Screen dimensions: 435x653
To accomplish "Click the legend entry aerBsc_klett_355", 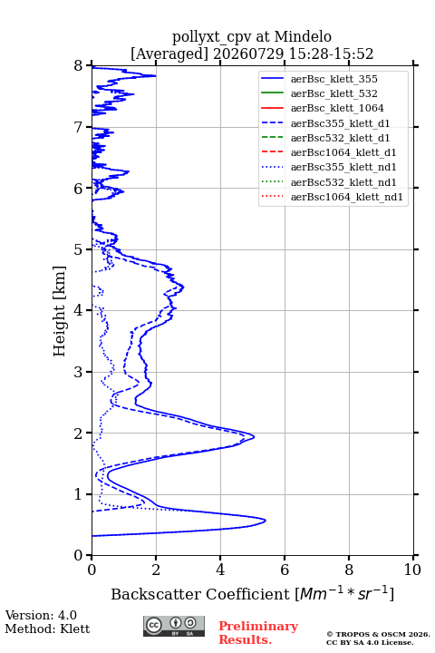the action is [333, 79].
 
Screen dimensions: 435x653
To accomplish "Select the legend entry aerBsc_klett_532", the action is [333, 93].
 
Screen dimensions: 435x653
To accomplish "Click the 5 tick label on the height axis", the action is [79, 249].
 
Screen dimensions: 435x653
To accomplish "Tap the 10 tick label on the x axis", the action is [412, 570].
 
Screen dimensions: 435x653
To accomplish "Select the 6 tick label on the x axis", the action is [285, 570].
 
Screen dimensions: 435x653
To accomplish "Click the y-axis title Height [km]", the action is [60, 311].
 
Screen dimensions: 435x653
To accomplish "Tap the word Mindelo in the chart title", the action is [303, 36].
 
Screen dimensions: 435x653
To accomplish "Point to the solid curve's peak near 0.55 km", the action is [266, 521].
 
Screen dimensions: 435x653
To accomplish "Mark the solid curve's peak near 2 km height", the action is [254, 436].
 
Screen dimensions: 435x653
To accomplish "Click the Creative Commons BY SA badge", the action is [174, 626].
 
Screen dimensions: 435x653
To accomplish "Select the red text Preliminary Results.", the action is [258, 633].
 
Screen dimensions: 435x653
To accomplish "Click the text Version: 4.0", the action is [41, 615].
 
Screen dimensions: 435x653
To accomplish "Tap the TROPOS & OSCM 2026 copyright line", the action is [378, 634].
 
